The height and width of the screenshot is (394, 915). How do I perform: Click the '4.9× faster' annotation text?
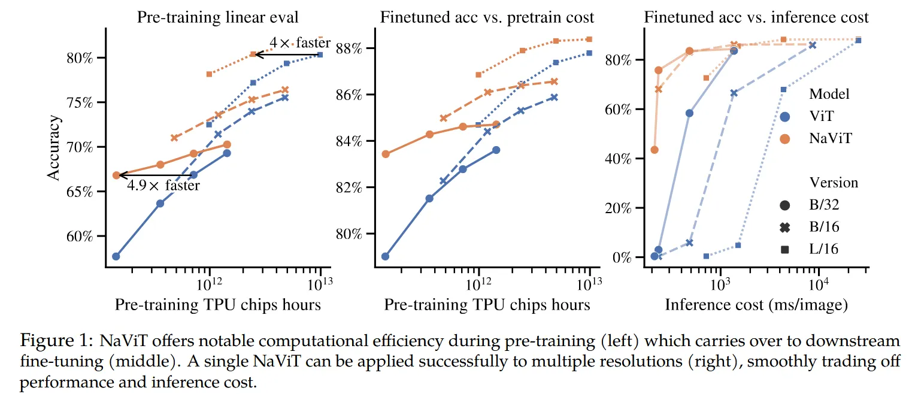pyautogui.click(x=163, y=186)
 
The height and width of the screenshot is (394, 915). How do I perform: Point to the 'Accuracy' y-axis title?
pyautogui.click(x=55, y=147)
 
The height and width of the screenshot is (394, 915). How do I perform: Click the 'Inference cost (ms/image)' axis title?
pyautogui.click(x=756, y=305)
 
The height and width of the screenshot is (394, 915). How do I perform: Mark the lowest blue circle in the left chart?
pyautogui.click(x=116, y=256)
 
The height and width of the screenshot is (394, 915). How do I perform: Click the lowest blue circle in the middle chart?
pyautogui.click(x=385, y=256)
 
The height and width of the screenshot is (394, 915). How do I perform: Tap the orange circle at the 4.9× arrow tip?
pyautogui.click(x=116, y=175)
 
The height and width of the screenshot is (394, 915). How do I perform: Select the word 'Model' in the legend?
pyautogui.click(x=829, y=94)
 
